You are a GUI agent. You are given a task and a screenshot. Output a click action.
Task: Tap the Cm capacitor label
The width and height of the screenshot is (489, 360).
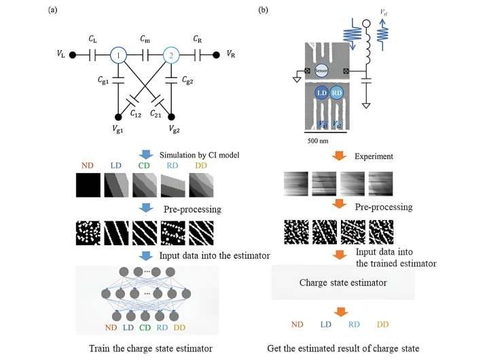[x=144, y=39]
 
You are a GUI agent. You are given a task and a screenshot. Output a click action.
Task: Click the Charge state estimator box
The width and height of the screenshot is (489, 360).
[x=338, y=281]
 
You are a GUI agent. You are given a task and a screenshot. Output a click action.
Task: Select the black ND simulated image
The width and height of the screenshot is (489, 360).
[x=88, y=184]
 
